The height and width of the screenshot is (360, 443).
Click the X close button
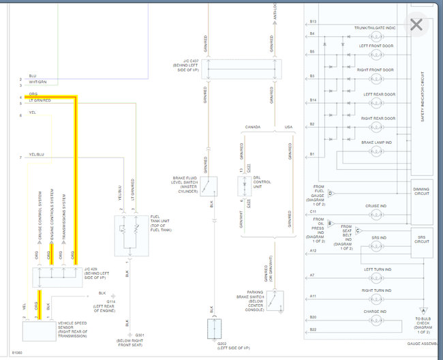[x=416, y=26]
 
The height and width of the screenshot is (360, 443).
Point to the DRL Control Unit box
[x=245, y=185]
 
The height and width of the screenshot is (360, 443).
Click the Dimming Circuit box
[x=421, y=190]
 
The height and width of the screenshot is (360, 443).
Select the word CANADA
[x=252, y=127]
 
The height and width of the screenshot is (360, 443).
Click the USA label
[x=288, y=127]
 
